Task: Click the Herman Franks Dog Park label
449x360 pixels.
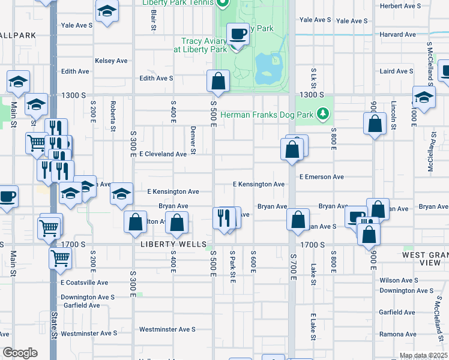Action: (x=267, y=114)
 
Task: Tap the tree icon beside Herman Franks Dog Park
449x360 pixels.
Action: (x=323, y=113)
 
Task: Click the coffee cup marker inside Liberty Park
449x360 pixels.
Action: (x=238, y=35)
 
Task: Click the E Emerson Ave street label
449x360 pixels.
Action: (x=322, y=177)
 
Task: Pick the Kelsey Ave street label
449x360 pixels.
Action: (x=111, y=61)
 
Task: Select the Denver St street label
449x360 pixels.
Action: (x=193, y=139)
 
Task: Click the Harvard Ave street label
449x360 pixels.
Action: (x=397, y=35)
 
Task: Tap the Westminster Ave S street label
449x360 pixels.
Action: (x=167, y=329)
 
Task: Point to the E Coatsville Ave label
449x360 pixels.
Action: (x=84, y=282)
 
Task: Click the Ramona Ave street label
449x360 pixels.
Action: (x=398, y=334)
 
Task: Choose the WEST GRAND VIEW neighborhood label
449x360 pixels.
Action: (x=425, y=259)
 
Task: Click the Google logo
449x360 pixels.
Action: (x=20, y=353)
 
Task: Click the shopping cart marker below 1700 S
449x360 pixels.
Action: (x=60, y=258)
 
